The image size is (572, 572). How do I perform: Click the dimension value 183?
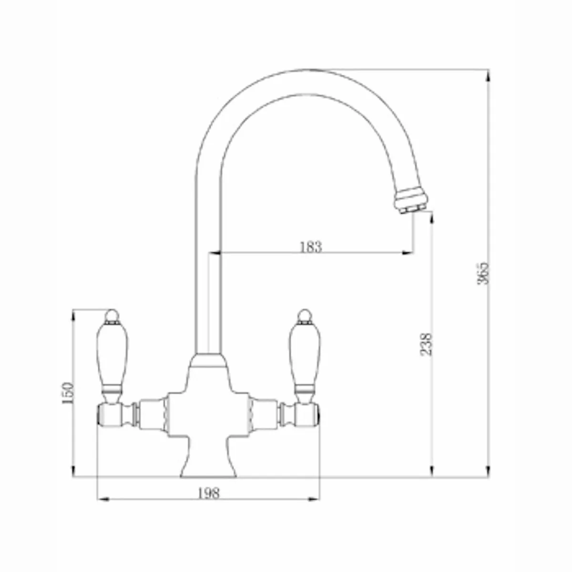coord(311,247)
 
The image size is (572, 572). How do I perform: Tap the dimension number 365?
coord(483,273)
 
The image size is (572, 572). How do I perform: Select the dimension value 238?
coord(427,343)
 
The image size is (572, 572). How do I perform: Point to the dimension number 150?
coord(68,393)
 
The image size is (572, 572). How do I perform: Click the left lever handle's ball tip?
coord(111,315)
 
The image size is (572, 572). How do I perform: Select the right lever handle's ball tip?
coord(304,315)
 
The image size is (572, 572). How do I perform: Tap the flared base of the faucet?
coord(208,460)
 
